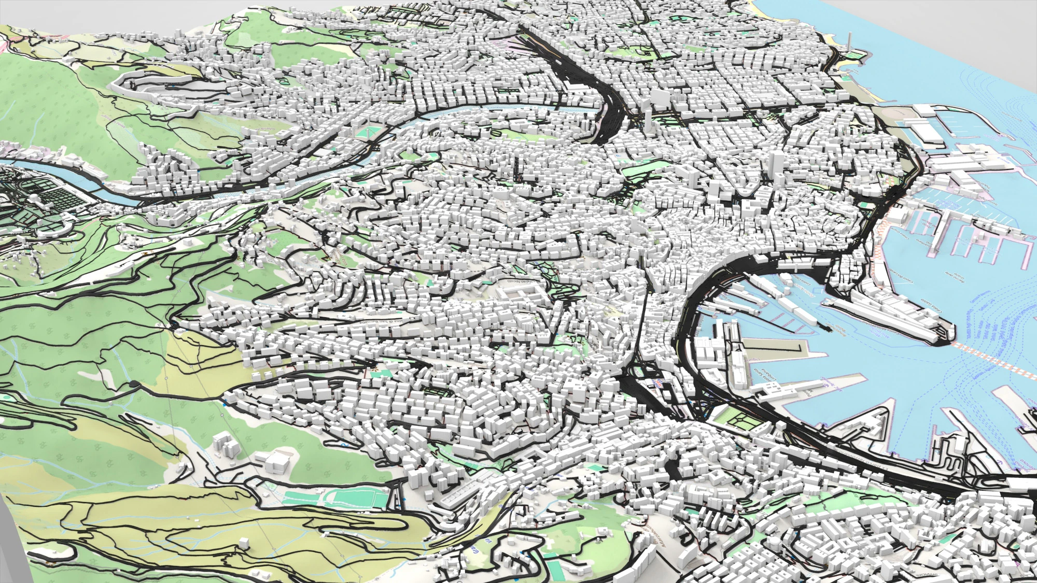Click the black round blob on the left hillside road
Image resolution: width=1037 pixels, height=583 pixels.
(x=135, y=384)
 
